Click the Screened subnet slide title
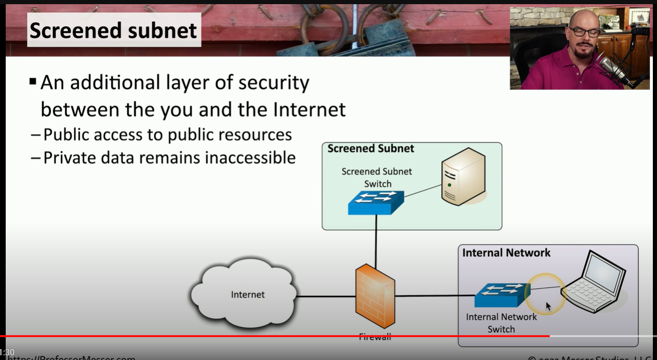tap(113, 30)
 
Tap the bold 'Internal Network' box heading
tap(506, 253)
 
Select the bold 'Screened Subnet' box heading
tap(370, 149)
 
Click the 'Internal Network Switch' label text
tap(501, 323)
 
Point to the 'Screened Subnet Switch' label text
tap(377, 177)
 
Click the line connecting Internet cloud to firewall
tap(326, 297)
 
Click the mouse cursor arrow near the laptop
tap(548, 306)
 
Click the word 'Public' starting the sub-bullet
tap(63, 135)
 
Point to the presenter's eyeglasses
tap(584, 32)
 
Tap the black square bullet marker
tap(33, 82)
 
